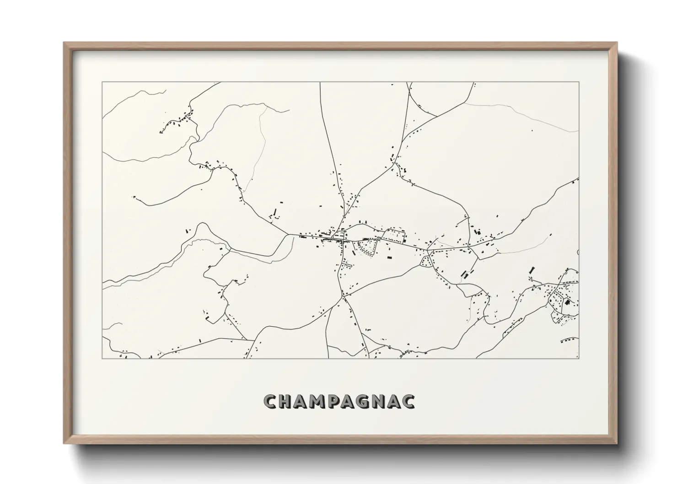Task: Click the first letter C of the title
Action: click(270, 401)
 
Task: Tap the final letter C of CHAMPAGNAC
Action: click(408, 401)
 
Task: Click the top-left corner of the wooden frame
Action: click(64, 43)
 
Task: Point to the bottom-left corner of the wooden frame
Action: click(64, 443)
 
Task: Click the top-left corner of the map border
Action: click(102, 82)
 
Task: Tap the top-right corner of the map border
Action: click(579, 82)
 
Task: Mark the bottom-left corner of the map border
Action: click(102, 358)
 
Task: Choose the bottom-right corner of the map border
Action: click(579, 358)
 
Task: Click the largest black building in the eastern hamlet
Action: click(567, 301)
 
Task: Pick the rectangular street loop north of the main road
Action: click(394, 235)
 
